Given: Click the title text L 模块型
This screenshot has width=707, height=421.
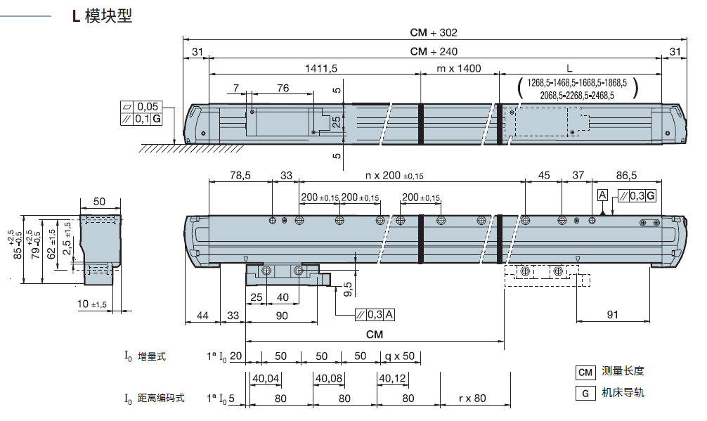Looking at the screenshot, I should pyautogui.click(x=103, y=16).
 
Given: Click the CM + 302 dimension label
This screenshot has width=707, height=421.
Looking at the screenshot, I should pyautogui.click(x=433, y=32).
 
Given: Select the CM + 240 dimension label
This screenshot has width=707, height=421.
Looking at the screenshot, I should pyautogui.click(x=433, y=51).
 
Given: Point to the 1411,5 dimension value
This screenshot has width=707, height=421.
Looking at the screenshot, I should pyautogui.click(x=322, y=69).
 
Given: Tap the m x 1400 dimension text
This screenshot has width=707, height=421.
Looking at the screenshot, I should pyautogui.click(x=459, y=69).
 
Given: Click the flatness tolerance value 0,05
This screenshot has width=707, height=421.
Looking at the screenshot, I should pyautogui.click(x=148, y=106).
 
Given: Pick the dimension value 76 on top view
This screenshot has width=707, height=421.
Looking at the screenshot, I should pyautogui.click(x=283, y=88).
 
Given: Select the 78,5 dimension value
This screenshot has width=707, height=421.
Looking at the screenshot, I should pyautogui.click(x=240, y=176).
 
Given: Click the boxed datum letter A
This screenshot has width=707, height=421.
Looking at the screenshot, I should pyautogui.click(x=602, y=195).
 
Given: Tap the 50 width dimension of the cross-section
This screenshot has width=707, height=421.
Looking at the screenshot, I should pyautogui.click(x=99, y=202).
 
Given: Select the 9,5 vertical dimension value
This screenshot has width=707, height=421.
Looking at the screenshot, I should pyautogui.click(x=349, y=287).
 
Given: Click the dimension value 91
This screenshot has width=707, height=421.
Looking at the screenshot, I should pyautogui.click(x=612, y=316).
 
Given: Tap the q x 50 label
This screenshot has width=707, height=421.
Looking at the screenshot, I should pyautogui.click(x=398, y=356).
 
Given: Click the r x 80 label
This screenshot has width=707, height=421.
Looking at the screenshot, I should pyautogui.click(x=472, y=399).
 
